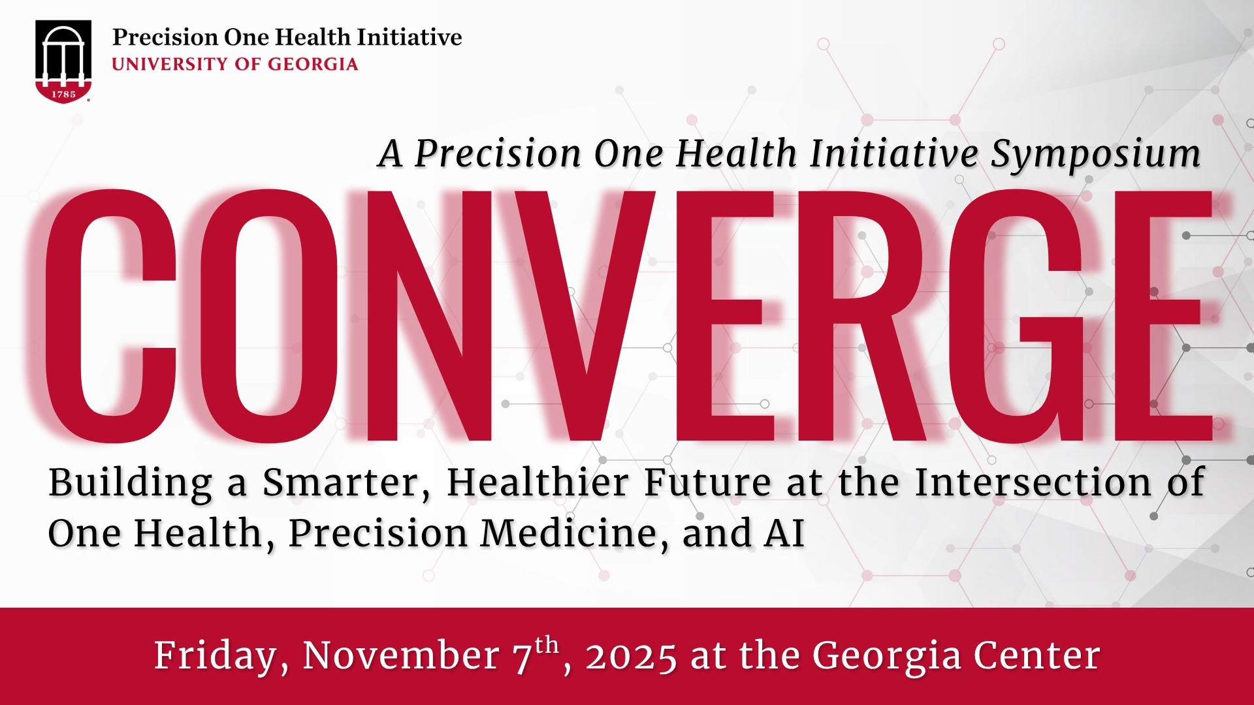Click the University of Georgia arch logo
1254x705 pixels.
tap(63, 61)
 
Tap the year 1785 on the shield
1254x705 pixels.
tap(63, 94)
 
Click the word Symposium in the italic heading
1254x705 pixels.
tap(1096, 155)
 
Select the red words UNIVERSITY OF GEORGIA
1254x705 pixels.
tap(235, 64)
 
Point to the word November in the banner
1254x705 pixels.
tap(401, 655)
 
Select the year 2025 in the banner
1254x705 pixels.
tap(631, 657)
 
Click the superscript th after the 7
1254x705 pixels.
tap(547, 646)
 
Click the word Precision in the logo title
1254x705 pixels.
tap(166, 37)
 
